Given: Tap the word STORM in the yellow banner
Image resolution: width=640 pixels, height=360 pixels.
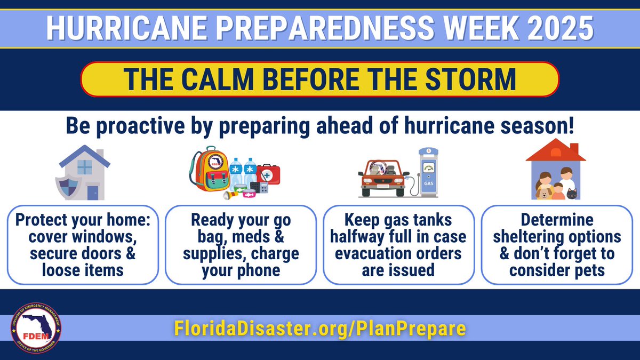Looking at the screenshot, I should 473,79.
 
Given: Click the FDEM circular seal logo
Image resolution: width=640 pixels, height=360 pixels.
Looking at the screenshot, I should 36,328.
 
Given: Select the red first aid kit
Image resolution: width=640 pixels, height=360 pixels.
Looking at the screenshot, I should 268,174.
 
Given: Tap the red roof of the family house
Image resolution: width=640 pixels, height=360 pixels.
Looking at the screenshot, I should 555,151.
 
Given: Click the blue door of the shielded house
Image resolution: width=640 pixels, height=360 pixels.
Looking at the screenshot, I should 92,192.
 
